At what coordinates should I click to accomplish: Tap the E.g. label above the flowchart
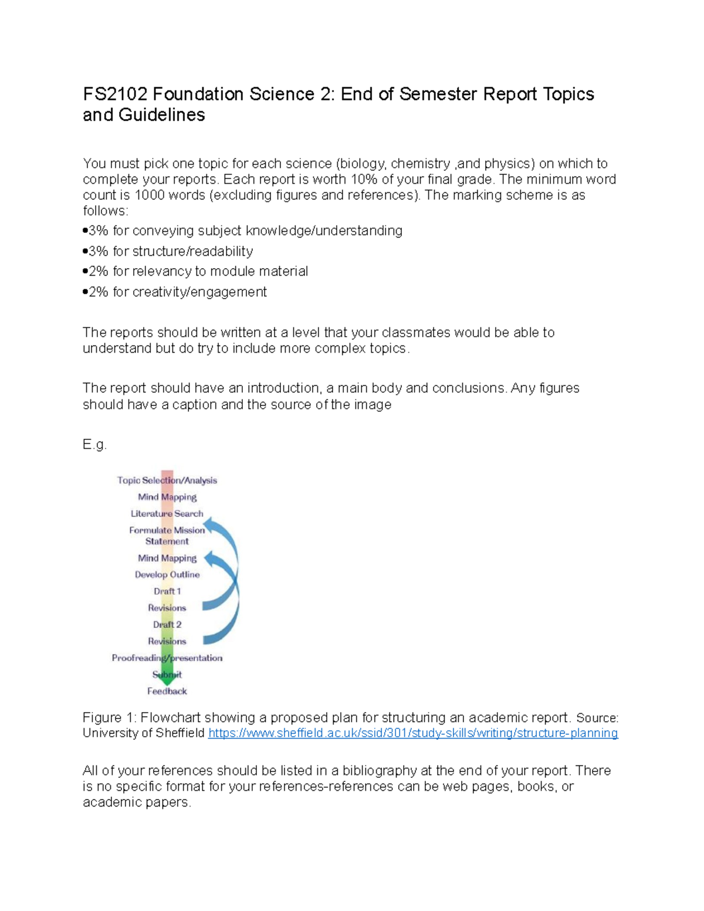(x=94, y=445)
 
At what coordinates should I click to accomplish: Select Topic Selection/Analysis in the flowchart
(x=167, y=480)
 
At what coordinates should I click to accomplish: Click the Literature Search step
(x=167, y=514)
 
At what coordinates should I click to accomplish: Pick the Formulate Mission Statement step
(x=167, y=536)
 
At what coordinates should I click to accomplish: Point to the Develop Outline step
(x=167, y=575)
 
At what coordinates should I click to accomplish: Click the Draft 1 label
(x=167, y=591)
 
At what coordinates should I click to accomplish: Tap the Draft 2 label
(x=167, y=625)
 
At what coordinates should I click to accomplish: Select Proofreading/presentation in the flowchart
(x=167, y=658)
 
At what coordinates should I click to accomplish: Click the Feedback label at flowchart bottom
(x=167, y=692)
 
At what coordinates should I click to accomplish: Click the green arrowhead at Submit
(x=168, y=676)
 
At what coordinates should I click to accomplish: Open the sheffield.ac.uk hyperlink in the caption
(x=413, y=734)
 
